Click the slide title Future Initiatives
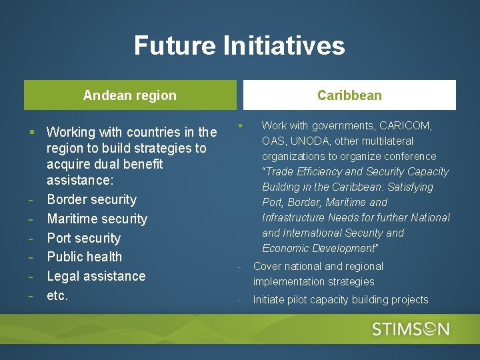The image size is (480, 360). pos(239,45)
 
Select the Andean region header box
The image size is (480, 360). pos(130,95)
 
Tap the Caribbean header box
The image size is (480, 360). pos(349,95)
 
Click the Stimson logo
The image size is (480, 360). pos(411,329)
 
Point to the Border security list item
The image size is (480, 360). pos(91,199)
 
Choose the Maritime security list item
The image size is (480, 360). pos(97,219)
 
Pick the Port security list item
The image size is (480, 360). pos(83,238)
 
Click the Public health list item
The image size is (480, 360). pos(84,257)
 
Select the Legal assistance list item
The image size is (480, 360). pos(96,276)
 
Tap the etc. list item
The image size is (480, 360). pos(57,295)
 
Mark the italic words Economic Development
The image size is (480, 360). pos(319,248)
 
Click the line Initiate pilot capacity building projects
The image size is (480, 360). pos(340,299)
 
